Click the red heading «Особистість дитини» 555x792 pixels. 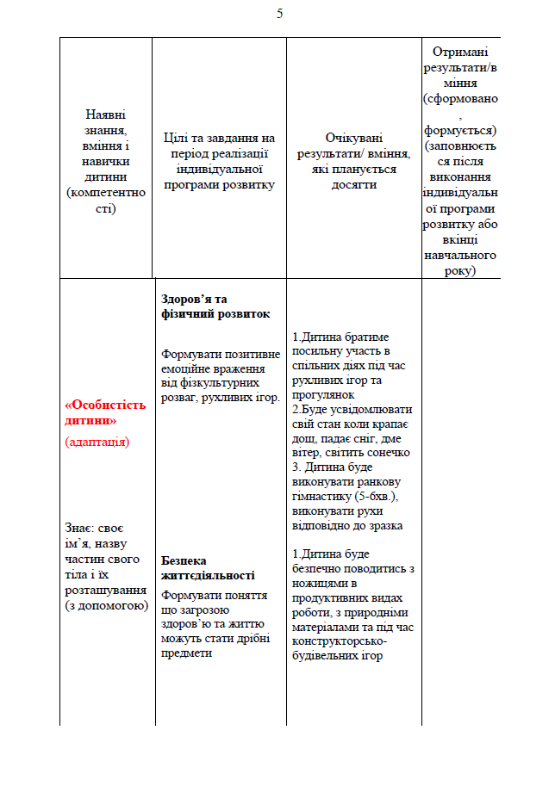point(106,413)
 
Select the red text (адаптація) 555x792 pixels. point(97,442)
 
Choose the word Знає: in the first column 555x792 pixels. point(81,528)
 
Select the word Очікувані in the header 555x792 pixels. point(353,139)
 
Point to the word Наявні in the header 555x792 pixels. point(106,115)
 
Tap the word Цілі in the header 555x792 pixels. point(177,138)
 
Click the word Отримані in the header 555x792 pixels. point(461,53)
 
